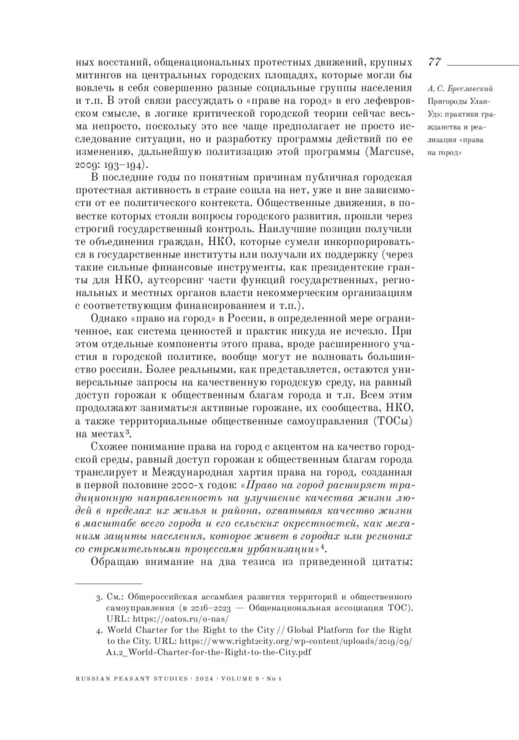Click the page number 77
434,62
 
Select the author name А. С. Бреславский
459,89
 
